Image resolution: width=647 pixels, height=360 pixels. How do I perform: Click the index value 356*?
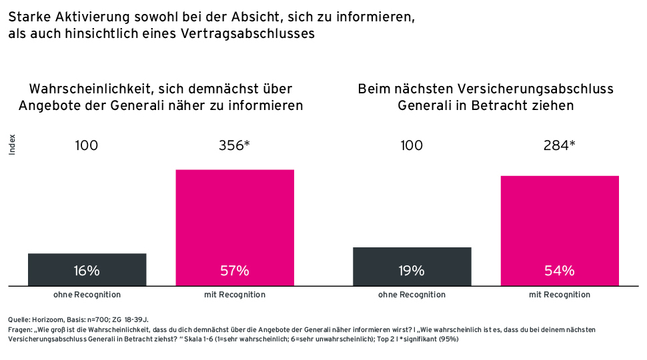(234, 145)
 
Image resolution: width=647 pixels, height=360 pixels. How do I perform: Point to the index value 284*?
(559, 145)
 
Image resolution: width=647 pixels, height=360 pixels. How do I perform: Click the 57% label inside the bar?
(234, 271)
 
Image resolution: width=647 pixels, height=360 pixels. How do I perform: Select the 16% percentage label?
(87, 271)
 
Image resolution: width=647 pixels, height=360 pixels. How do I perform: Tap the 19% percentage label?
(412, 271)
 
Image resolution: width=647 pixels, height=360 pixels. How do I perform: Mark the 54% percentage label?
(559, 271)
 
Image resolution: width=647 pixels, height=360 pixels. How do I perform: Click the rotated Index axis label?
(12, 145)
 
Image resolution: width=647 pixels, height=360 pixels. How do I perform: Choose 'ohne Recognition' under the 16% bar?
(87, 295)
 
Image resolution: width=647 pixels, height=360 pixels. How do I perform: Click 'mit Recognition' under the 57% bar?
(234, 295)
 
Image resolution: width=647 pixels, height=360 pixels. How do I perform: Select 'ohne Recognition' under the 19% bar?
(412, 295)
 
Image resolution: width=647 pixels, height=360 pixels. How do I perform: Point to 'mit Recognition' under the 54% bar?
(559, 295)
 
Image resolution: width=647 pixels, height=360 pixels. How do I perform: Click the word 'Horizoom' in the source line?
(45, 321)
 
